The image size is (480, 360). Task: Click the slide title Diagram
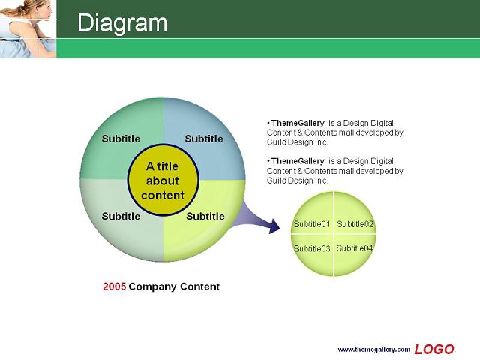(122, 22)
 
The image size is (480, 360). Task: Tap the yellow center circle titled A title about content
(163, 180)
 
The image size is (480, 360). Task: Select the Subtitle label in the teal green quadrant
(121, 139)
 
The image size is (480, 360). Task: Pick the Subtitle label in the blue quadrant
(204, 139)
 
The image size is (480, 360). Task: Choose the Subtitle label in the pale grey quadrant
(121, 217)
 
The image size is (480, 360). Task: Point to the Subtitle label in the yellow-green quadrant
(205, 217)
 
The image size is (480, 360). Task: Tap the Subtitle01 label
(312, 224)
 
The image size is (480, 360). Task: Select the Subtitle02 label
(355, 224)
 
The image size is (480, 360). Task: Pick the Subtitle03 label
(312, 248)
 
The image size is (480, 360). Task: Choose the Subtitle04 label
(355, 248)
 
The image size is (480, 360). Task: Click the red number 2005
(114, 286)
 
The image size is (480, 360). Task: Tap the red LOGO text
(434, 349)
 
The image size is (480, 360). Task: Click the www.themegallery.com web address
(374, 349)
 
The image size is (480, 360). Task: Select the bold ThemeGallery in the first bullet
(298, 123)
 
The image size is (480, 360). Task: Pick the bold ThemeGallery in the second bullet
(298, 161)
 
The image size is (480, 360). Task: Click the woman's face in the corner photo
(43, 12)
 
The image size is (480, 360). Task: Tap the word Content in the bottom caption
(199, 286)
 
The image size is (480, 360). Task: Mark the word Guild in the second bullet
(276, 181)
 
